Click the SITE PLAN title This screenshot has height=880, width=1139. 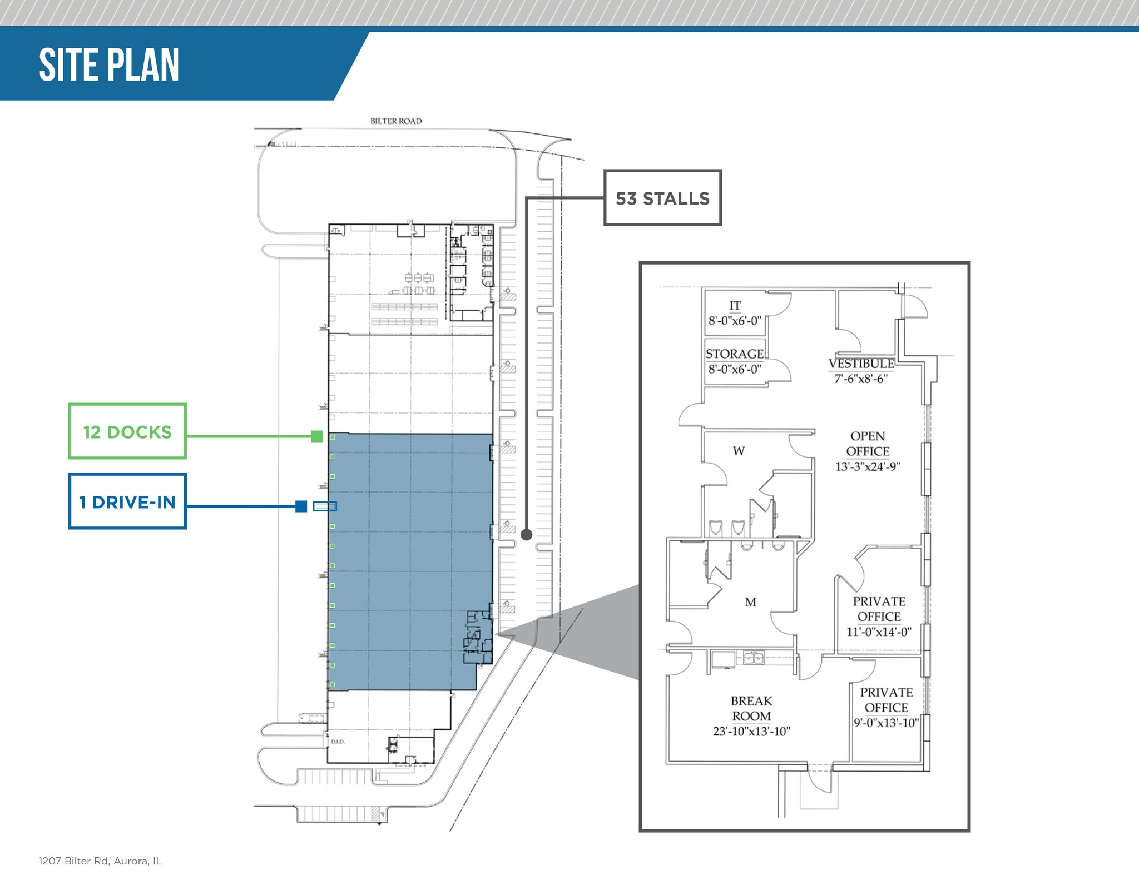pos(109,65)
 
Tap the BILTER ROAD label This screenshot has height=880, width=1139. pos(396,121)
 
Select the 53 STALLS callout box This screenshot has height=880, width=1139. pos(662,198)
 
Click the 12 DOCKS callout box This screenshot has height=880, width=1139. pos(127,431)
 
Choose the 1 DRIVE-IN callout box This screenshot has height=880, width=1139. pos(127,501)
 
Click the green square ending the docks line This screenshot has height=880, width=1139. pos(317,436)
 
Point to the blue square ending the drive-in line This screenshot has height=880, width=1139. pos(301,506)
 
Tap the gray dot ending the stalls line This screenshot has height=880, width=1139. pos(526,535)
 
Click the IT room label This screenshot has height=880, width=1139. pos(735,306)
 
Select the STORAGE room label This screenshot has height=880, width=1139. pos(735,354)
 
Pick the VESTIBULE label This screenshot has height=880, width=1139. pos(861,364)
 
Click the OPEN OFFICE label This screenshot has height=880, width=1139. pos(868,444)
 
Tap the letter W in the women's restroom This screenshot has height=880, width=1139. pos(739,451)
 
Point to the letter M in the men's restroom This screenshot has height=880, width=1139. pos(751,602)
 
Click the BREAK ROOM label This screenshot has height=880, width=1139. pos(751,708)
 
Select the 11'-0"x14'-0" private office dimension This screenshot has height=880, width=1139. pos(879,632)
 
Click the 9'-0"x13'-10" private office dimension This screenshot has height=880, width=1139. pos(887,723)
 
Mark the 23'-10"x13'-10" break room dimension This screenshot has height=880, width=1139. pos(751,732)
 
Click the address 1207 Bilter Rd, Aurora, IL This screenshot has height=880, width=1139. pos(100,861)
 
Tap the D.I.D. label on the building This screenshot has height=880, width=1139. pos(338,742)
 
